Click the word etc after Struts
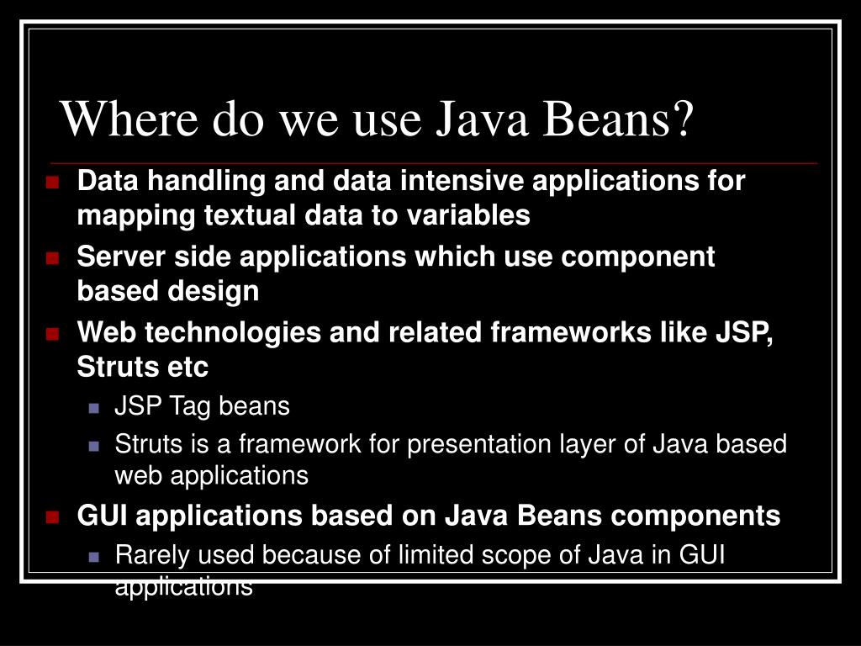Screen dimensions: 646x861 pos(186,368)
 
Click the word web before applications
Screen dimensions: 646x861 pos(139,476)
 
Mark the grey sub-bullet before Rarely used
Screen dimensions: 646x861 pos(94,557)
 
